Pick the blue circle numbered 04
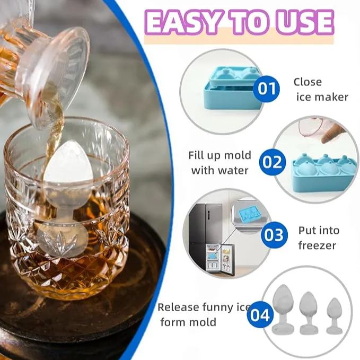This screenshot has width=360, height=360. (260, 315)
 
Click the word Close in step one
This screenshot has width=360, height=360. (308, 82)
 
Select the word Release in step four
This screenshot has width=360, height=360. (179, 308)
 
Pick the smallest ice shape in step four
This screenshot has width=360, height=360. (334, 315)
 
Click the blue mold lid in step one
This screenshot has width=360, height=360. (233, 77)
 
